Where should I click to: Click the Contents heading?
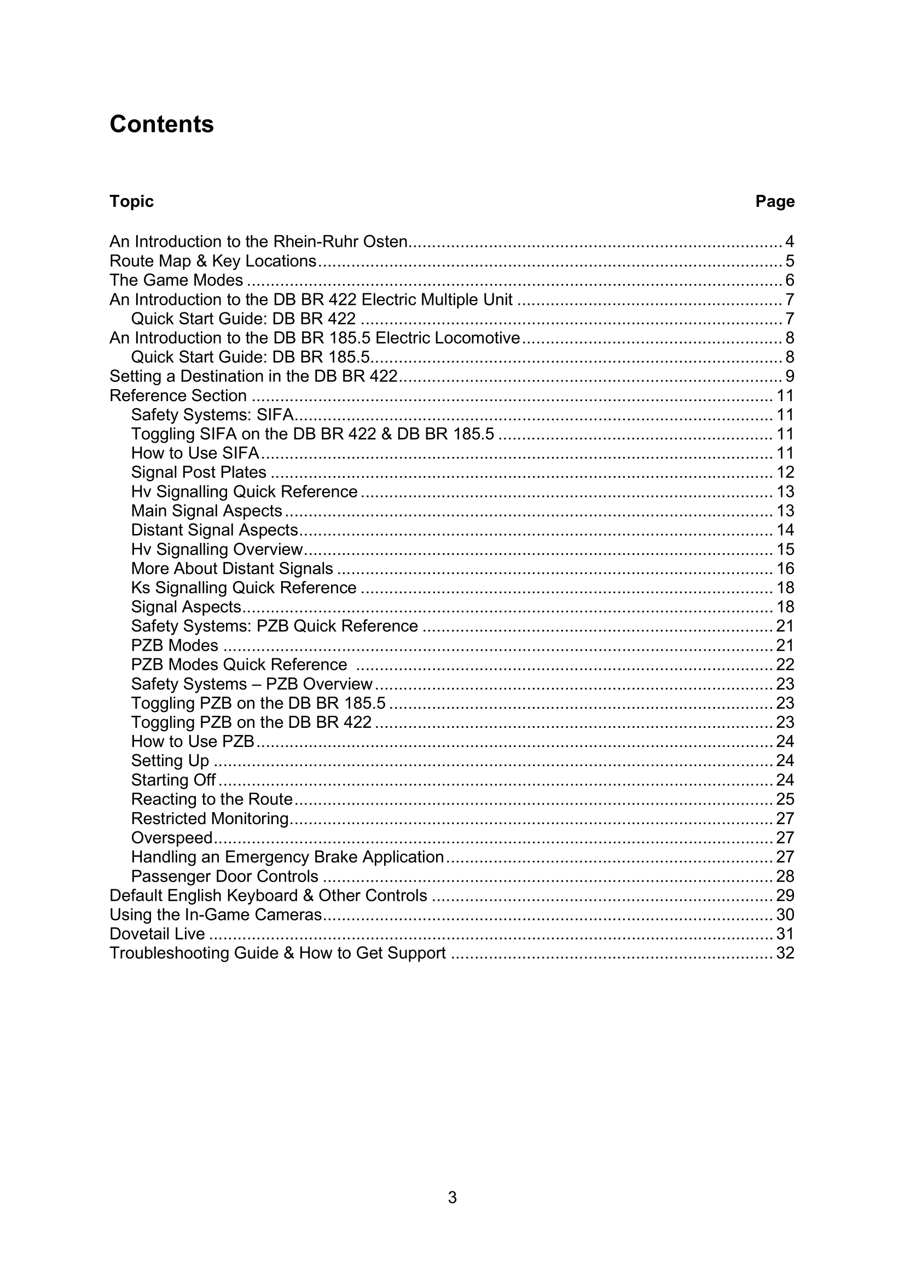[161, 124]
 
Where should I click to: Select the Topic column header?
[131, 201]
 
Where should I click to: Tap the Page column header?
[775, 201]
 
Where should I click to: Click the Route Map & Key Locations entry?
[213, 261]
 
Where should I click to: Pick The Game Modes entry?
[176, 280]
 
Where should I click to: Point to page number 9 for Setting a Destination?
[789, 377]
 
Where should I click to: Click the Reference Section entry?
[178, 395]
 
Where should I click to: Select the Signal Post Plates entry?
[199, 472]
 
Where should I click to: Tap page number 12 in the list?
[785, 472]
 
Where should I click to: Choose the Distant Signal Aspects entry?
[214, 530]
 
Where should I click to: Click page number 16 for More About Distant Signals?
[785, 569]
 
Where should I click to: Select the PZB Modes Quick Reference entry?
[239, 664]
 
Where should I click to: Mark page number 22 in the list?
[785, 664]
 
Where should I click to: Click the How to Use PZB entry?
[193, 742]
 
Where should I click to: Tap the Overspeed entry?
[172, 837]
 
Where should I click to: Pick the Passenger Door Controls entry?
[224, 876]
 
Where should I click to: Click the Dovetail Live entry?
[157, 934]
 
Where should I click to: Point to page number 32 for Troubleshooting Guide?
[785, 953]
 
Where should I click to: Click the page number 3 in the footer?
[452, 1197]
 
